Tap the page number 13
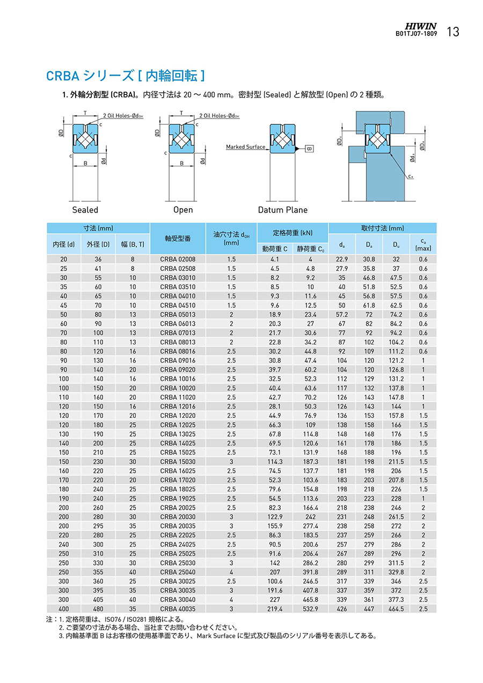[x=453, y=32]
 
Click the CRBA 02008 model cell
[x=178, y=259]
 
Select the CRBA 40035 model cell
[x=178, y=608]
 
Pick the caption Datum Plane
[x=283, y=210]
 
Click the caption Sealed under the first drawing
[x=85, y=210]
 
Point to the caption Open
[x=183, y=210]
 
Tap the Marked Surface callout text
[x=245, y=146]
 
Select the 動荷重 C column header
[x=275, y=248]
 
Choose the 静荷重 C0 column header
[x=310, y=248]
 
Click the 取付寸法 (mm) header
[x=382, y=227]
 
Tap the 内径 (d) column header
[x=64, y=245]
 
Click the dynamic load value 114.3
[x=275, y=461]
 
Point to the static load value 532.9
[x=310, y=608]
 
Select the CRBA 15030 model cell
[x=178, y=461]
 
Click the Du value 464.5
[x=396, y=608]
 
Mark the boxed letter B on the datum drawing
[x=309, y=148]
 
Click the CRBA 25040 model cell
[x=178, y=572]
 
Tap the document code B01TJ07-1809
[x=416, y=33]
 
